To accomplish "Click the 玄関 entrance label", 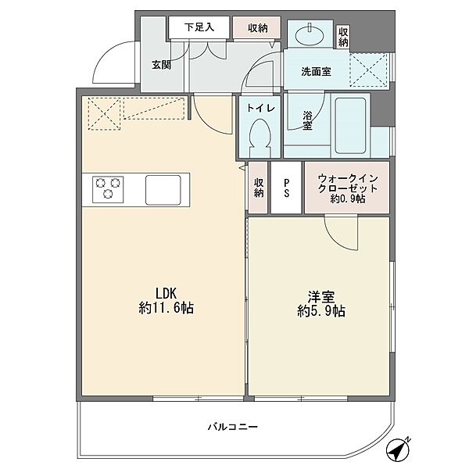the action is [x=162, y=65].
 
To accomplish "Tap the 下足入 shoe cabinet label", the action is [x=199, y=27].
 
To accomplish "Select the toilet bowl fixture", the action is [x=260, y=138].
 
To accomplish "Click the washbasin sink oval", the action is [x=310, y=37].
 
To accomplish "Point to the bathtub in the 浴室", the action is [x=350, y=126].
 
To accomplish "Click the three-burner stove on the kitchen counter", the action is [x=108, y=189].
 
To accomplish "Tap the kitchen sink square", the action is [x=163, y=190].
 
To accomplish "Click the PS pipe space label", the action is [x=287, y=188].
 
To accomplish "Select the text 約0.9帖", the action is [x=348, y=199].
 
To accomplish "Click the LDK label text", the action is [x=166, y=293].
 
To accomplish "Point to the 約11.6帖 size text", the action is [x=166, y=308].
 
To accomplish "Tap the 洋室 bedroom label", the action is [x=321, y=297].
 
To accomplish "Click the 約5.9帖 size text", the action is [x=321, y=311].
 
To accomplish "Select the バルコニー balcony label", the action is [x=233, y=427].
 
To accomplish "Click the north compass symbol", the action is [x=398, y=449].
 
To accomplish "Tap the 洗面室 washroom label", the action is [x=316, y=71].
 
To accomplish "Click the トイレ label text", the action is [x=260, y=108].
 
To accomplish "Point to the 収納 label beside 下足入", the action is [x=257, y=28].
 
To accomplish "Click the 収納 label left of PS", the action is [x=259, y=188].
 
